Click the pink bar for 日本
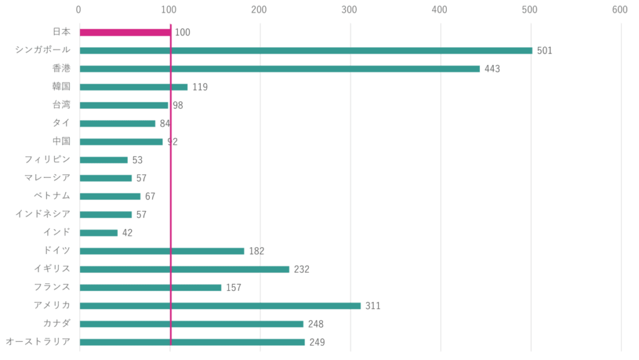pos(125,32)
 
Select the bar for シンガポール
pos(306,51)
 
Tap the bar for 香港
pos(280,69)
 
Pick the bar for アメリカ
pos(220,306)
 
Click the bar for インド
pos(99,233)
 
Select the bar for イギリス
pos(185,269)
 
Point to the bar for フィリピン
pos(104,160)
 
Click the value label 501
pos(545,51)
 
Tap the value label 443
pos(492,69)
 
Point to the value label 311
pos(373,306)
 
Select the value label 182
pos(256,251)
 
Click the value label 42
pos(127,233)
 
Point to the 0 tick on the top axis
pos(79,9)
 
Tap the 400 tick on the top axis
pos(440,9)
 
